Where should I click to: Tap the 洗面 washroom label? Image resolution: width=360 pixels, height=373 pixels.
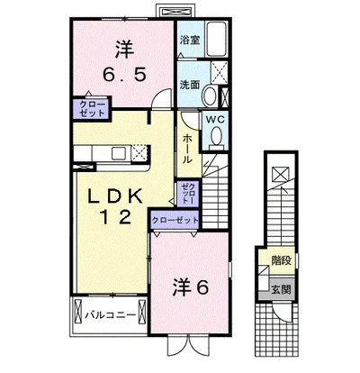tap(188, 85)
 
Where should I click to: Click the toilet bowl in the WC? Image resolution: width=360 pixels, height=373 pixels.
tap(216, 134)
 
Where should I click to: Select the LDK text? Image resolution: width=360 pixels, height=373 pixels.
tap(115, 192)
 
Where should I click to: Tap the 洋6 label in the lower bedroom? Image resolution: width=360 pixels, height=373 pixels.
tap(190, 288)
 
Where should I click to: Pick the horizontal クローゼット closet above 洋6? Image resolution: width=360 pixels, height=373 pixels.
tap(175, 219)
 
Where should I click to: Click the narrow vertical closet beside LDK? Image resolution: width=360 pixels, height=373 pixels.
tap(185, 193)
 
